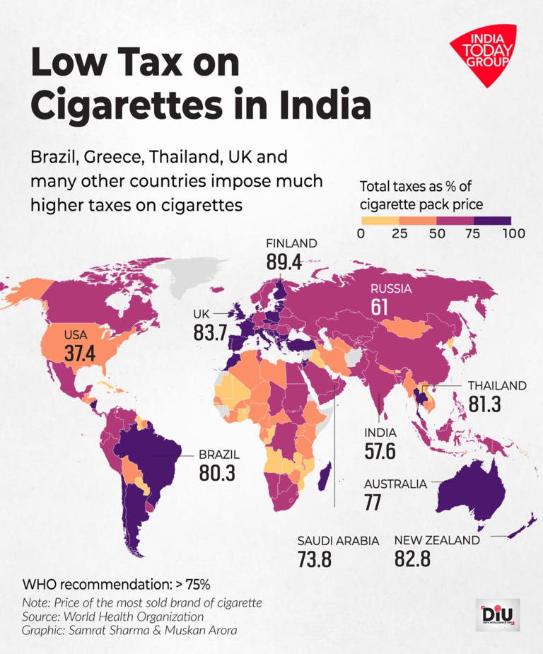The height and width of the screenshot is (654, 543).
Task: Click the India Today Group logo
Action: click(x=482, y=54)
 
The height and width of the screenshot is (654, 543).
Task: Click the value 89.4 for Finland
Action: click(x=284, y=262)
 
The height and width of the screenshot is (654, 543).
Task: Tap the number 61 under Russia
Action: click(x=380, y=307)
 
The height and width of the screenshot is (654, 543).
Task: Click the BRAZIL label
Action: click(x=219, y=454)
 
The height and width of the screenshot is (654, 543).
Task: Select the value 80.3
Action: click(x=217, y=473)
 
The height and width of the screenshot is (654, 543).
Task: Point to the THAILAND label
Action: click(x=497, y=385)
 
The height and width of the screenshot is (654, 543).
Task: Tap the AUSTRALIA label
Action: click(x=395, y=484)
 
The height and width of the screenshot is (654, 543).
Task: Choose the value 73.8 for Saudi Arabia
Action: click(x=315, y=559)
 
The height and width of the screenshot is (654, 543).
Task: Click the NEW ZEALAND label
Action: click(x=437, y=540)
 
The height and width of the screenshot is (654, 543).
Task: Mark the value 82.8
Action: click(x=413, y=559)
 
